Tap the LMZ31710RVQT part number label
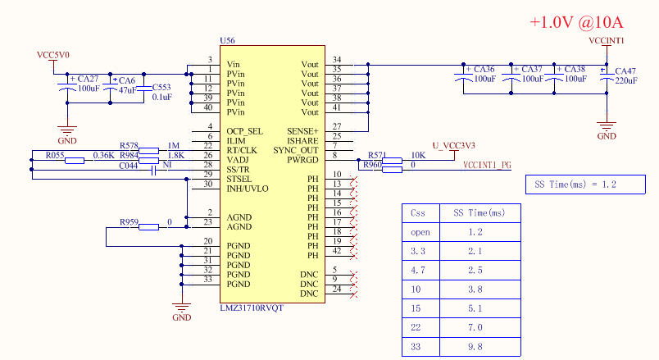252,308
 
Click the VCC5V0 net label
53,55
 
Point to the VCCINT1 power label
607,40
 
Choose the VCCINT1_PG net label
487,165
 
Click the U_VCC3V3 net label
453,146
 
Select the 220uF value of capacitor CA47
625,81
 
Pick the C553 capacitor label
161,87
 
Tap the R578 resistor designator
130,145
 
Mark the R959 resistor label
130,222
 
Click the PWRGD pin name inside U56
302,160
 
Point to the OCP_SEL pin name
245,131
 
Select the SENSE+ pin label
302,131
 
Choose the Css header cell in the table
418,212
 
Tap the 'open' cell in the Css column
420,232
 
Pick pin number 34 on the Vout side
337,60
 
